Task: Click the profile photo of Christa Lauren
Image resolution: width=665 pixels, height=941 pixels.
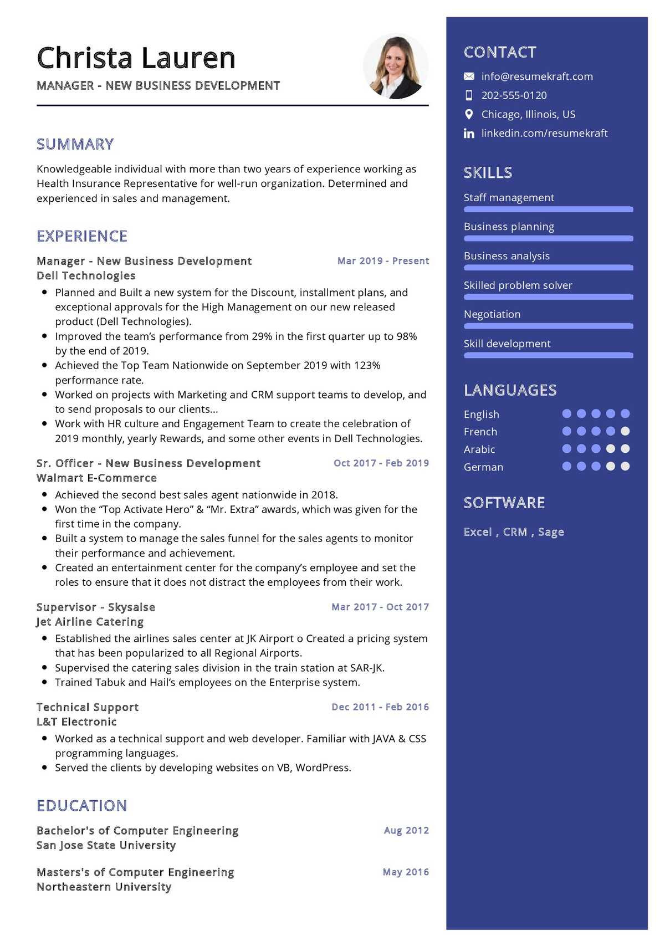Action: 396,67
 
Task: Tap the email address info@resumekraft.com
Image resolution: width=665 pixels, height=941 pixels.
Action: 536,76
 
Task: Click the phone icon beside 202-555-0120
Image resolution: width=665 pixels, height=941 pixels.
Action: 469,95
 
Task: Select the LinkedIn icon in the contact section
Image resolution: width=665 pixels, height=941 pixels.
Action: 469,134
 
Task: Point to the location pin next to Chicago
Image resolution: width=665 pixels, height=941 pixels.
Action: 469,114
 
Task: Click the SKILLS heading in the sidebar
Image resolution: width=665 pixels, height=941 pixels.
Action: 488,173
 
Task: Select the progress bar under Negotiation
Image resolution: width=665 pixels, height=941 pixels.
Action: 548,326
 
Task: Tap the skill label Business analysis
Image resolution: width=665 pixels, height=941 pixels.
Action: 507,256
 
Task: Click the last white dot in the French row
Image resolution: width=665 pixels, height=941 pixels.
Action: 625,431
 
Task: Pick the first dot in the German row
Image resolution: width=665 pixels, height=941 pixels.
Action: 566,467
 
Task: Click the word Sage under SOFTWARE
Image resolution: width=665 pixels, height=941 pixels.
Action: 551,532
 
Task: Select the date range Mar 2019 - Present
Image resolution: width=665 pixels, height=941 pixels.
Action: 383,261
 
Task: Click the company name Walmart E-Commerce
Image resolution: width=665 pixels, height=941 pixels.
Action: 96,478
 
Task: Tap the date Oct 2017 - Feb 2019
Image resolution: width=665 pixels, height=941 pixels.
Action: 381,463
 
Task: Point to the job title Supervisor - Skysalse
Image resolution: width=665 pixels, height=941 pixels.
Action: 95,607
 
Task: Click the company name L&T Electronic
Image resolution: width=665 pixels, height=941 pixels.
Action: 76,722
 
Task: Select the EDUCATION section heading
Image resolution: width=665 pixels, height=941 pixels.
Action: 81,805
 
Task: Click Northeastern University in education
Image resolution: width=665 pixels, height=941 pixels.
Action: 104,887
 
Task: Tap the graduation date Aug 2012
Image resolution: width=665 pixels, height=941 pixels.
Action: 406,830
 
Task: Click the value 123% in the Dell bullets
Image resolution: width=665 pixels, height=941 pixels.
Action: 367,366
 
